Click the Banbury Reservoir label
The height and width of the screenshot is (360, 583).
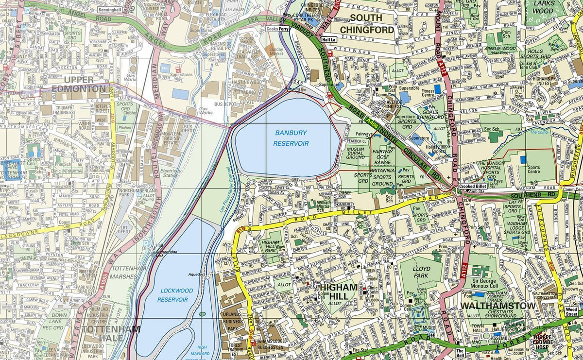[291, 137]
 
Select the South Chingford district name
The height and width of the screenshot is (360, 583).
[367, 23]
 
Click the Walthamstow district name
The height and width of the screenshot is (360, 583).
[497, 306]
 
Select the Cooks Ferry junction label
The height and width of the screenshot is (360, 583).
[278, 29]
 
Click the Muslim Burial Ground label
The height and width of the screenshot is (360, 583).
[356, 153]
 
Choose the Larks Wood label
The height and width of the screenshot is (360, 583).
[543, 7]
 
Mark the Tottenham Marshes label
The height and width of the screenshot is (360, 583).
[129, 273]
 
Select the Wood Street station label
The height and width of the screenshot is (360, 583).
[572, 311]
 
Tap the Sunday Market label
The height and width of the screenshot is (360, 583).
[276, 52]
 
